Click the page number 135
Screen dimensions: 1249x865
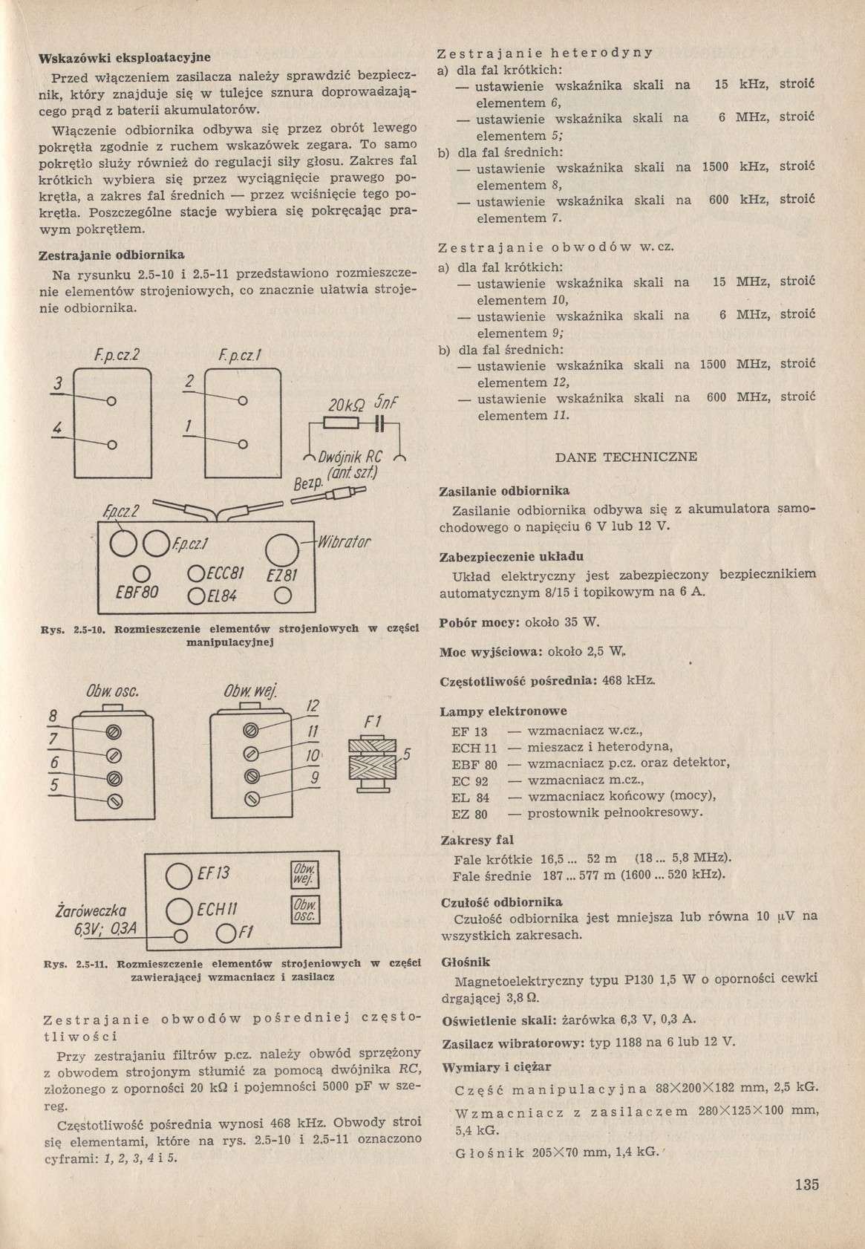(806, 1184)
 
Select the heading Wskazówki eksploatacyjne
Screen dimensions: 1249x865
(125, 57)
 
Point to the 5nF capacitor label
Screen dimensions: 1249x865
(387, 403)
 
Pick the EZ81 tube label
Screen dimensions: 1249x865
(281, 577)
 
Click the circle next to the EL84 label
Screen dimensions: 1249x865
(197, 596)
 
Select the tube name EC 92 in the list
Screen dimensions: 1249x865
(469, 780)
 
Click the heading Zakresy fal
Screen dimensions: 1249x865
(477, 841)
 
